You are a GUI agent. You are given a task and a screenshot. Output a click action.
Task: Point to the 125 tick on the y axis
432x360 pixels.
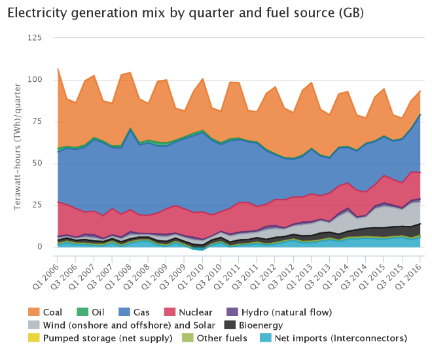click(35, 38)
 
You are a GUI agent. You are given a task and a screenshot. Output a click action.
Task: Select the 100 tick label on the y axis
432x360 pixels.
click(35, 80)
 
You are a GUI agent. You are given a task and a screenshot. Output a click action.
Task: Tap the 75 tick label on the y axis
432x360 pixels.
click(37, 122)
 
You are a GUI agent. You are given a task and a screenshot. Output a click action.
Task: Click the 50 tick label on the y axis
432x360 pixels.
click(37, 163)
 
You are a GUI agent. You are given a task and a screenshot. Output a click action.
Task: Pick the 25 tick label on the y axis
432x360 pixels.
click(37, 205)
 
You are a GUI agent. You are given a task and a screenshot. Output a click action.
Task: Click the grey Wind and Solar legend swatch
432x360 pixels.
click(33, 325)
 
